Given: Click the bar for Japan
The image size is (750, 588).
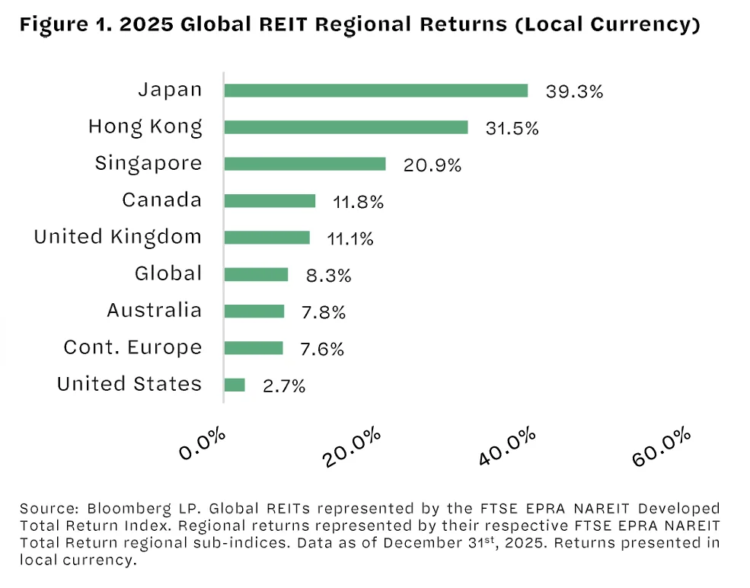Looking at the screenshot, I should tap(375, 91).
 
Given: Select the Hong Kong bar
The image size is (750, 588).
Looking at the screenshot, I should tap(346, 127).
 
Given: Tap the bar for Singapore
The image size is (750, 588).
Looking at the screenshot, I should tap(305, 164).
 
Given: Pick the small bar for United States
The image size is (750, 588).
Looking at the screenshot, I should tap(235, 385).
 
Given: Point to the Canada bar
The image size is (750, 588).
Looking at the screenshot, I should tap(270, 200).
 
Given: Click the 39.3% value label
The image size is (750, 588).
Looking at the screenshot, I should tap(574, 91).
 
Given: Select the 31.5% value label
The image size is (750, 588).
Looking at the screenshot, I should tap(512, 128).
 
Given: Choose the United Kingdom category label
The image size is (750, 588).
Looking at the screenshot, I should tap(118, 237).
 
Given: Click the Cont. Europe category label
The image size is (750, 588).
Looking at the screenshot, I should tap(133, 348).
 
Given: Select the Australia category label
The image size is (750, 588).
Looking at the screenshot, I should tap(155, 311).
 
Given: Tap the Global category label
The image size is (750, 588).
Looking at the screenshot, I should tap(168, 273).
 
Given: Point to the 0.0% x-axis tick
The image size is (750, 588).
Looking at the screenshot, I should tap(203, 444).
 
